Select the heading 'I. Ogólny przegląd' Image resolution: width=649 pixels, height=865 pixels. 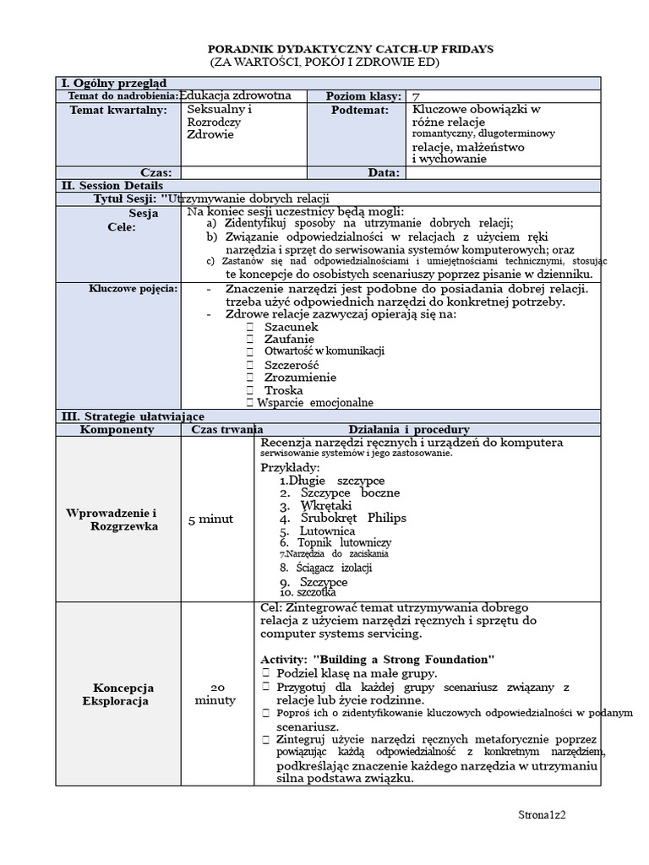pos(113,83)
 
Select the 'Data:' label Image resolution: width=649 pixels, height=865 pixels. pos(383,172)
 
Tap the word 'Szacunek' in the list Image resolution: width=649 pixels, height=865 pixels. pos(291,326)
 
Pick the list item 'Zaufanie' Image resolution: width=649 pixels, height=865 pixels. pos(289,339)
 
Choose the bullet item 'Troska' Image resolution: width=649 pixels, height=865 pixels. pos(283,390)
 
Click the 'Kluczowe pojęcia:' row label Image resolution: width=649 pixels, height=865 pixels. pos(134,289)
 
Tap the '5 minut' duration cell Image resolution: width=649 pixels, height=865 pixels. pos(210,519)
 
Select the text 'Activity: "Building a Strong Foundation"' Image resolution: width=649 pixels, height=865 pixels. pos(377,659)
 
